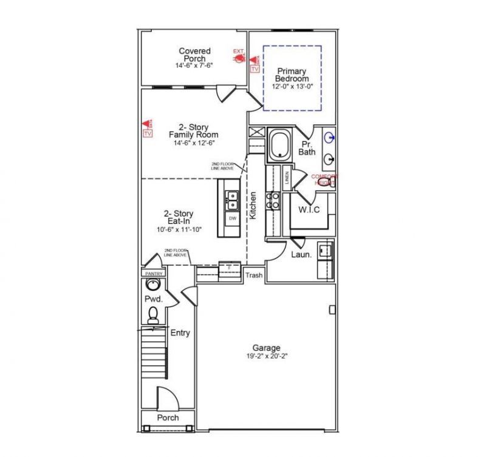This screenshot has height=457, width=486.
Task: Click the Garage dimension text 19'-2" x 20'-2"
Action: (x=267, y=356)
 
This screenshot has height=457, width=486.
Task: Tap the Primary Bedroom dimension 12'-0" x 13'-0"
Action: (x=292, y=87)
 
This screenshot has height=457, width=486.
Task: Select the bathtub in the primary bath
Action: (x=279, y=146)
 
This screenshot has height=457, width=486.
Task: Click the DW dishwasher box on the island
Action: (x=232, y=218)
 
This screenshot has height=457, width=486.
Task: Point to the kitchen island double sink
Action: (x=231, y=197)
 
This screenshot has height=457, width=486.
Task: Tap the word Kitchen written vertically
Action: (x=253, y=205)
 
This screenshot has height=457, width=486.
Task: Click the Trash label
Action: (x=254, y=276)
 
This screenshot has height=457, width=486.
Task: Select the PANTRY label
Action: (x=153, y=274)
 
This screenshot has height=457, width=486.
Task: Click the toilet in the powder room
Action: (x=153, y=314)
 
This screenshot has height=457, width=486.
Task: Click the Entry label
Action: (x=180, y=333)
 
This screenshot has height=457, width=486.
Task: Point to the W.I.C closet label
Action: (x=309, y=209)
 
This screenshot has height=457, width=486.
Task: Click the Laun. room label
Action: (x=301, y=255)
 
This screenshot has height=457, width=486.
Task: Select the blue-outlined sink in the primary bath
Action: (x=329, y=138)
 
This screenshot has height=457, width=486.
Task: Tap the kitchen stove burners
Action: (x=273, y=200)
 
